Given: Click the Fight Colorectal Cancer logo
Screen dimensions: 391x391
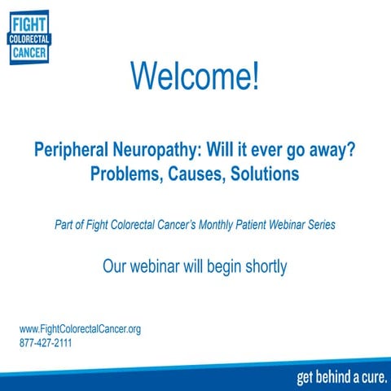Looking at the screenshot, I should [x=29, y=37].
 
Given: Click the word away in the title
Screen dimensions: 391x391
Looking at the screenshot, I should [x=327, y=152].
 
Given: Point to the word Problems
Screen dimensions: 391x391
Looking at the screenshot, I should [x=130, y=174].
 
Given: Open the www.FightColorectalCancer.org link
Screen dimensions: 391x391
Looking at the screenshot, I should [x=80, y=329].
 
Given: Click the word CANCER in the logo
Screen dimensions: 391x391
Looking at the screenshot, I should [x=29, y=53].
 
